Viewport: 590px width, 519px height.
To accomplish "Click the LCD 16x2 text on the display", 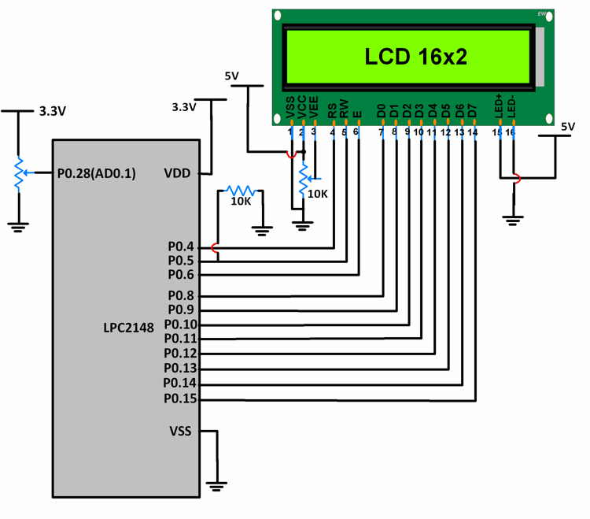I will [x=415, y=56].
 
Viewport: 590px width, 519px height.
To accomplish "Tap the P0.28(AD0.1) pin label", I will [x=97, y=173].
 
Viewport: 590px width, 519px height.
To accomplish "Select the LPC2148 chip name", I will [x=128, y=326].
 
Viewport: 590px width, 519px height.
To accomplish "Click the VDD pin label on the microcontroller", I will [x=177, y=172].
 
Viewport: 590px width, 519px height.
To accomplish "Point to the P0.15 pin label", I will [x=180, y=399].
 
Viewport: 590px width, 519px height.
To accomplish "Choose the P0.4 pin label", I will [x=181, y=247].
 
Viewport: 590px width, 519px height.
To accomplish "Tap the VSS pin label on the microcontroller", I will [x=180, y=431].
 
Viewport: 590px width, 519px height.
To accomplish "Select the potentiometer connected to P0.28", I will [x=17, y=173].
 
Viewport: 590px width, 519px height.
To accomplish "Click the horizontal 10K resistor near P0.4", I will [x=239, y=191].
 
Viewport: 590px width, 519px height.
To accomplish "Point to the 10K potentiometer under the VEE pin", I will [x=302, y=181].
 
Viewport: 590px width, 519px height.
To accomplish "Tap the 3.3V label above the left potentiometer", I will [x=53, y=112].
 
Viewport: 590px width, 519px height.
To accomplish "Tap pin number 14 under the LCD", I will [x=472, y=132].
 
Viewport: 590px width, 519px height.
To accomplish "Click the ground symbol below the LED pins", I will [x=514, y=220].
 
